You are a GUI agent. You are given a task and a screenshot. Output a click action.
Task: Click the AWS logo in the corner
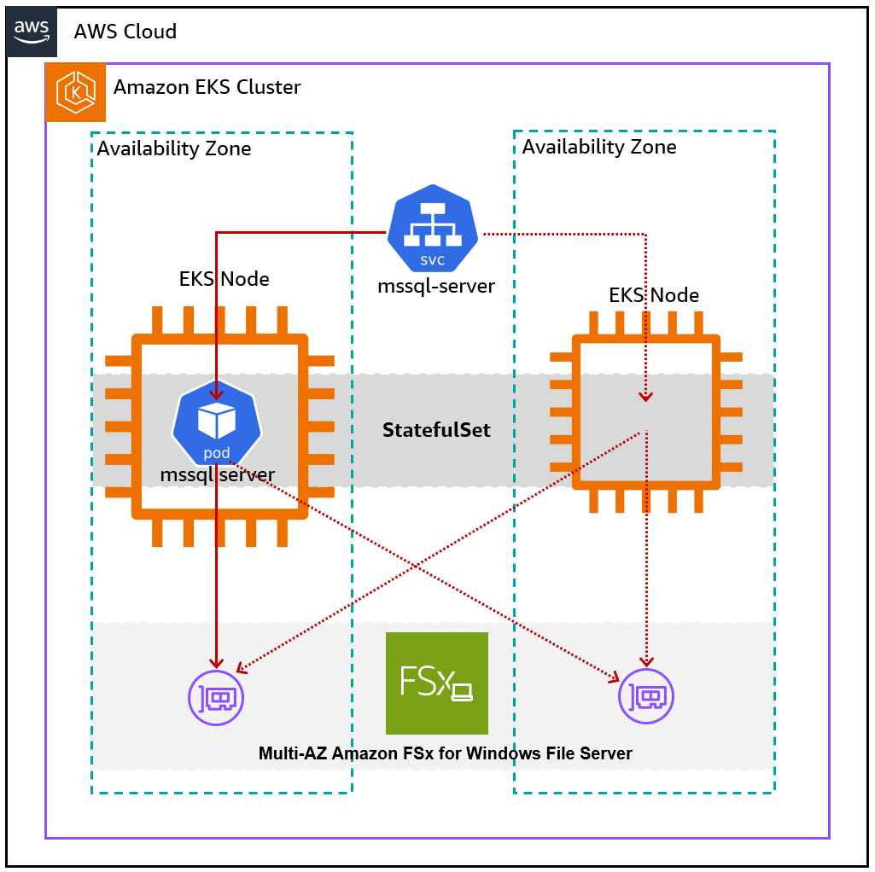[x=32, y=32]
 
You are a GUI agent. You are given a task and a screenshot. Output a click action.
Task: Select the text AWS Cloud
[x=125, y=32]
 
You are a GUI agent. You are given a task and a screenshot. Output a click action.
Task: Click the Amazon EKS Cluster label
[x=207, y=87]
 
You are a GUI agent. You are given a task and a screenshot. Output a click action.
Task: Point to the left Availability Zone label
[x=174, y=149]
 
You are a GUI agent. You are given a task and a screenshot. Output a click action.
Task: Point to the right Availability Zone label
[x=598, y=147]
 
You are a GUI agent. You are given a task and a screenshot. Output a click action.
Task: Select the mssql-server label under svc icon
[x=436, y=286]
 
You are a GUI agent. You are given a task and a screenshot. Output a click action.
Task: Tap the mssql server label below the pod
[x=218, y=475]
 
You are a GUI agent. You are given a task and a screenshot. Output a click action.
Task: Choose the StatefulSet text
[x=436, y=430]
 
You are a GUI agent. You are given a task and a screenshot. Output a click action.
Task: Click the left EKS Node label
[x=224, y=279]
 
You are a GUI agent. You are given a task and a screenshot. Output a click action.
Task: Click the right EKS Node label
[x=653, y=296]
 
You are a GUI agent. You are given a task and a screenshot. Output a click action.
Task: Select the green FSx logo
[x=437, y=683]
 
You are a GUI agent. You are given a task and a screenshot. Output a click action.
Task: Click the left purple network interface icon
[x=216, y=698]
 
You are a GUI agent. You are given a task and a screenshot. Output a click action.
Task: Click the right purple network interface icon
[x=646, y=698]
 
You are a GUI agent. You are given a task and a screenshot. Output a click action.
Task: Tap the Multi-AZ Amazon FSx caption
[x=445, y=753]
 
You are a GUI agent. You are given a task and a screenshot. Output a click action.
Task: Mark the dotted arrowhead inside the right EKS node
[x=647, y=395]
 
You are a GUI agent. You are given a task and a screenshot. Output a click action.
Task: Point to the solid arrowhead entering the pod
[x=217, y=393]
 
